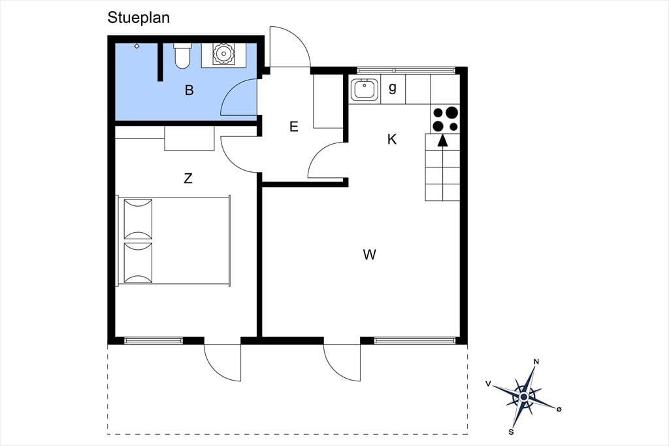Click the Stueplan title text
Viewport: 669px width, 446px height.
pos(139,18)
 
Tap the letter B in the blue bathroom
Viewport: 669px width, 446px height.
pos(189,90)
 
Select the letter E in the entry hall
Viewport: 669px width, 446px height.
pos(293,126)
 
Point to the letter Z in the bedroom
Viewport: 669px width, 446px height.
pos(188,178)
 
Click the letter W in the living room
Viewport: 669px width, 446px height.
pos(370,254)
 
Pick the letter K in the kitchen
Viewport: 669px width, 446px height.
pos(392,139)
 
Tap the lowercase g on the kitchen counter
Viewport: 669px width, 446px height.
pos(393,88)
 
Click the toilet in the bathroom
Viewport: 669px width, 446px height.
pos(182,56)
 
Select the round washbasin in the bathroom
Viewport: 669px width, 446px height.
pos(223,54)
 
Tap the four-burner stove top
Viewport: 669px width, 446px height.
pos(445,120)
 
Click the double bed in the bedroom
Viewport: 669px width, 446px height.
pos(174,241)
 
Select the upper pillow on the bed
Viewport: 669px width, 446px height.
pos(138,218)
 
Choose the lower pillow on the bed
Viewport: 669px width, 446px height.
pos(138,263)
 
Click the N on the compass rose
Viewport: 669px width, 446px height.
pos(536,362)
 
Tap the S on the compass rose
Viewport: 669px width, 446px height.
pos(511,432)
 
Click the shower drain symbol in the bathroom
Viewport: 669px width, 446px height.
pos(137,46)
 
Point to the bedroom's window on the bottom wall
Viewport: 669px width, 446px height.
pos(154,341)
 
